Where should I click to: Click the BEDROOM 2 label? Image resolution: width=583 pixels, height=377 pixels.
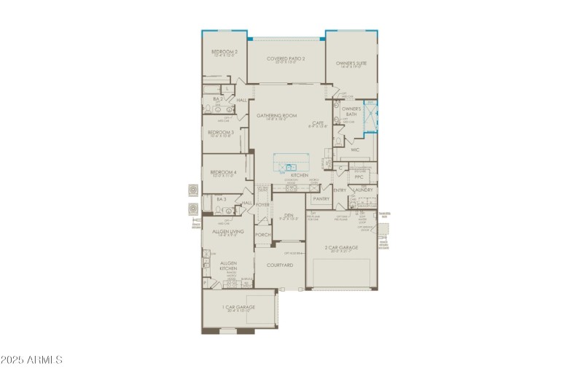(x=225, y=52)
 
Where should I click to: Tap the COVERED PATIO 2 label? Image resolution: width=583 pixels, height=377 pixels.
(x=286, y=58)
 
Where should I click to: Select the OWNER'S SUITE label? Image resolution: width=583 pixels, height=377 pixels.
(x=351, y=63)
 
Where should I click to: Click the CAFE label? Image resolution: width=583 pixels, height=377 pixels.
(x=318, y=123)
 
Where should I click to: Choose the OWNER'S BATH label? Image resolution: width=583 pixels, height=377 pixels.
(x=351, y=112)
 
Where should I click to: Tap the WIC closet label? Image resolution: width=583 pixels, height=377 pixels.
(x=355, y=149)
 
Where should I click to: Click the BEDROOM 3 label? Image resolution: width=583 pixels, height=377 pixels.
(x=221, y=132)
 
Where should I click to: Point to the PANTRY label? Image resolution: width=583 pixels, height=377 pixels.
(x=321, y=198)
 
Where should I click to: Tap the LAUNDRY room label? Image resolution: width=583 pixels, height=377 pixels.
(x=364, y=190)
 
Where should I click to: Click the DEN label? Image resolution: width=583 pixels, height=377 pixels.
(x=289, y=215)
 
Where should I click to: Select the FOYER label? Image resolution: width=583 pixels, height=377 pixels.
(x=262, y=206)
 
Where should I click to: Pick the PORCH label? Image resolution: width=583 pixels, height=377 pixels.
(x=263, y=235)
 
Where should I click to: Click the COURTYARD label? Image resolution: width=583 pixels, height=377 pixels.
(x=279, y=265)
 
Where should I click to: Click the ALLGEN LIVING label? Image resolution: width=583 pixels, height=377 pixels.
(x=227, y=231)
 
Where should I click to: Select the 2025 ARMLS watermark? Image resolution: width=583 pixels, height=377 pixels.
(x=32, y=359)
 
